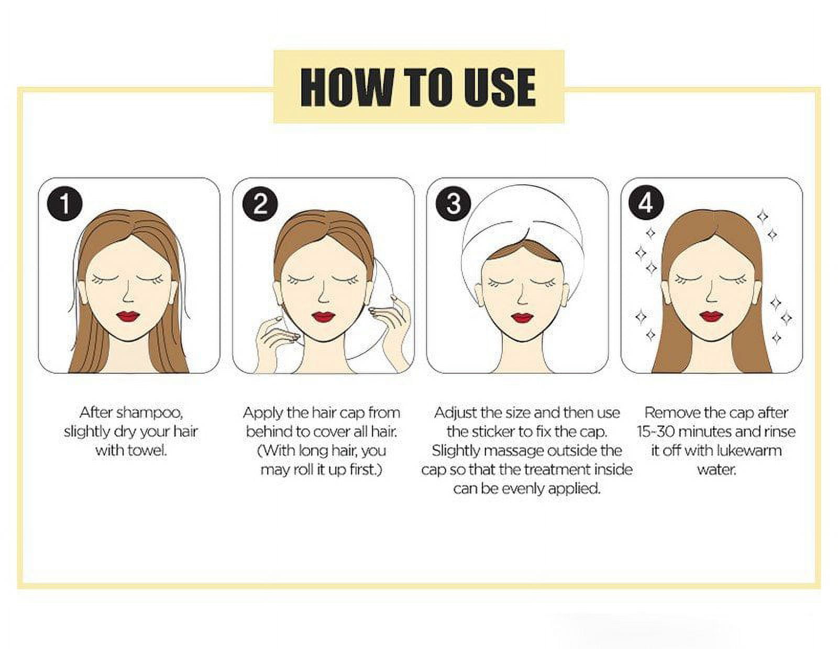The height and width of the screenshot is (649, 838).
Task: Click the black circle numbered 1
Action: [65, 203]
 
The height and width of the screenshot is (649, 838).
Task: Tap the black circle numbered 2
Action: [260, 203]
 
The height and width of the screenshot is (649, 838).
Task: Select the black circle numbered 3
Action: [454, 203]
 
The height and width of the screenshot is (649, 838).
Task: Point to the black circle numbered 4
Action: [646, 202]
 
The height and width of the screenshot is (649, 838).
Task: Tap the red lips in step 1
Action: [128, 317]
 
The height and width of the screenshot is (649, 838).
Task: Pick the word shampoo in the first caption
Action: [149, 413]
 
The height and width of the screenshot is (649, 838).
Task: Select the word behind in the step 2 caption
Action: [269, 432]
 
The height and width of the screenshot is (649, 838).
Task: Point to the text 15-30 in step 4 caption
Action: [656, 432]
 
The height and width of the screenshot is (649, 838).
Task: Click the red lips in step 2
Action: [323, 317]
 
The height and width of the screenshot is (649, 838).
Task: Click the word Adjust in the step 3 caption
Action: [456, 413]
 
